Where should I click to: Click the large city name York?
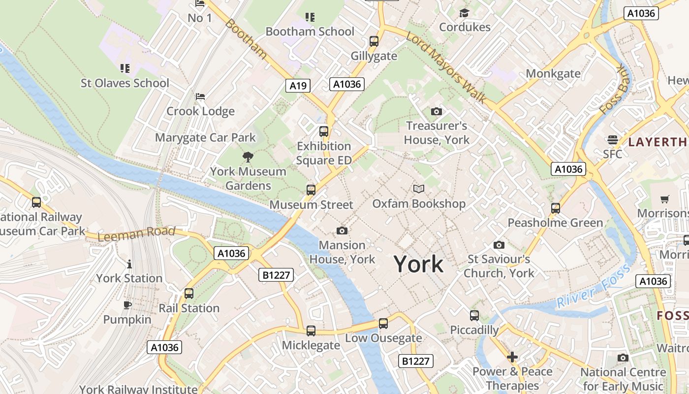pos(418,264)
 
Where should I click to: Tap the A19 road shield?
pos(298,86)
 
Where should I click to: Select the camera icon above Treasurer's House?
pos(436,112)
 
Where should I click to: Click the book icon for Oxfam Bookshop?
pos(419,189)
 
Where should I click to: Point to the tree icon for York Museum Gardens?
pos(248,157)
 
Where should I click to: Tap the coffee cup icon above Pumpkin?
pos(127,305)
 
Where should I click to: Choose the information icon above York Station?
pos(129,264)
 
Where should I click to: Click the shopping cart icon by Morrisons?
pos(665,199)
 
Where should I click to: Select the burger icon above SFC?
pos(613,140)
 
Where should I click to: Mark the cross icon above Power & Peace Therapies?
pos(512,357)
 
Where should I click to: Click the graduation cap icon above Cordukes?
pos(464,13)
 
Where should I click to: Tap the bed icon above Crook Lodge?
pos(200,96)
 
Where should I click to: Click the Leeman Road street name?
pos(136,233)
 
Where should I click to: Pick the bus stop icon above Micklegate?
pos(311,331)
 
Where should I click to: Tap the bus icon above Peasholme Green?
pos(556,208)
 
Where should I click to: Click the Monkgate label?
pos(553,74)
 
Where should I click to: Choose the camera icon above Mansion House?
pos(342,230)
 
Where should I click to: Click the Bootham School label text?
pos(310,32)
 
